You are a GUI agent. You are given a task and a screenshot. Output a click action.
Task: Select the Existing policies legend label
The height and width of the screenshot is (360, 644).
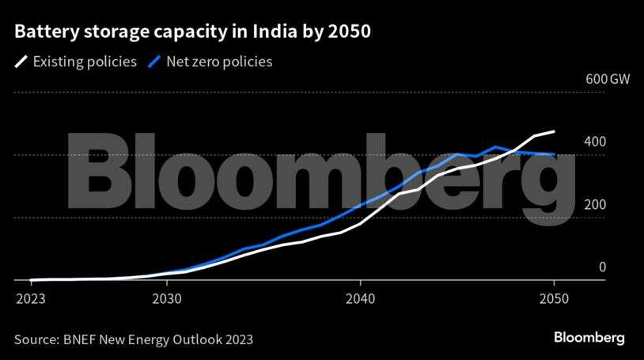pyautogui.click(x=85, y=61)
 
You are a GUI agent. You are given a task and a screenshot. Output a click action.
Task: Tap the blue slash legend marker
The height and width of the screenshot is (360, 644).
pyautogui.click(x=157, y=61)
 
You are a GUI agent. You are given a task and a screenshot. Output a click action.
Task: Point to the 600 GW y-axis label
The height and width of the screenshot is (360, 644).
pyautogui.click(x=585, y=80)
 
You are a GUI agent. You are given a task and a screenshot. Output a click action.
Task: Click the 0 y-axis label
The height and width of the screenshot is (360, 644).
pyautogui.click(x=602, y=267)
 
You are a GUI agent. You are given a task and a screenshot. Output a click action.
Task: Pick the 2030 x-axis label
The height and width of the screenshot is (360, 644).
pyautogui.click(x=166, y=301)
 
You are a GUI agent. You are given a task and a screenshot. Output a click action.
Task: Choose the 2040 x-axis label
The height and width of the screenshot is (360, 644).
pyautogui.click(x=360, y=301)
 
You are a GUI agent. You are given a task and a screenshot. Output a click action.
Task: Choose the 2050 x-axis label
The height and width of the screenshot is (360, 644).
pyautogui.click(x=554, y=301)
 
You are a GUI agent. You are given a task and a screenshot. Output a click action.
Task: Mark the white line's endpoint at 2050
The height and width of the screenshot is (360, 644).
pyautogui.click(x=554, y=131)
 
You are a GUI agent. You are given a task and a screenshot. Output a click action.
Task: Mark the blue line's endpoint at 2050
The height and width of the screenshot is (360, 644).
pyautogui.click(x=554, y=154)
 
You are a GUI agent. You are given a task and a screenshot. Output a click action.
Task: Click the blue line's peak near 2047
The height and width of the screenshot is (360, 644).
pyautogui.click(x=495, y=146)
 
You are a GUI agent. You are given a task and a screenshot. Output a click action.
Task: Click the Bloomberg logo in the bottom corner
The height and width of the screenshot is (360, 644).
pyautogui.click(x=588, y=338)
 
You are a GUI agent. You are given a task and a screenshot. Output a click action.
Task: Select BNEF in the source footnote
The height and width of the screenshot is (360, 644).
pyautogui.click(x=81, y=339)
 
